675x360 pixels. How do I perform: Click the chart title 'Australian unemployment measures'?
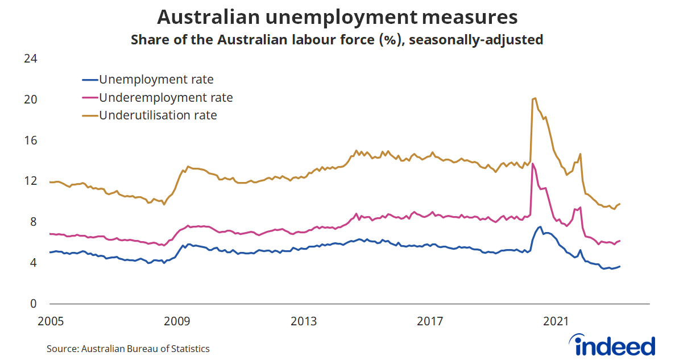pos(337,17)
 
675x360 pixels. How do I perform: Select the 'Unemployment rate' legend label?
pos(156,80)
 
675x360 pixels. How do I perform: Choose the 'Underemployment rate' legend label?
pos(166,97)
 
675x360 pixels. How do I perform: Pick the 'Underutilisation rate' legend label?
pos(158,115)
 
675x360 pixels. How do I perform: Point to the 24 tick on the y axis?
pos(30,59)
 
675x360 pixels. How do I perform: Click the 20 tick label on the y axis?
pos(30,100)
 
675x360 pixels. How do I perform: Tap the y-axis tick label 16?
pos(30,140)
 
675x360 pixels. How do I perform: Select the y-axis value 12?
pos(30,181)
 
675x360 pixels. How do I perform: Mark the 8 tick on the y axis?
pos(32,222)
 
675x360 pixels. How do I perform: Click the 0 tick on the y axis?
pos(32,304)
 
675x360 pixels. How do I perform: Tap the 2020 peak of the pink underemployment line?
pos(533,163)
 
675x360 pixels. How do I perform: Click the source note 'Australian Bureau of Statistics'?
pos(146,349)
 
